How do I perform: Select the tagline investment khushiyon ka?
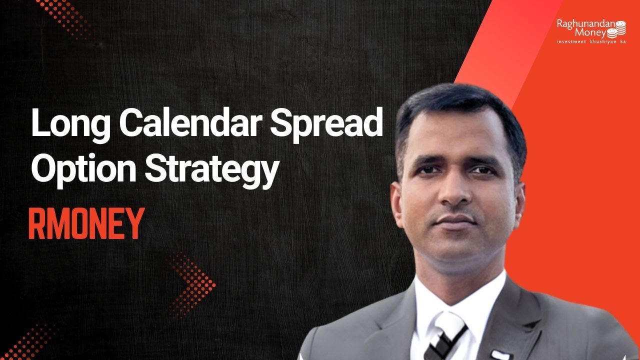point(591,41)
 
